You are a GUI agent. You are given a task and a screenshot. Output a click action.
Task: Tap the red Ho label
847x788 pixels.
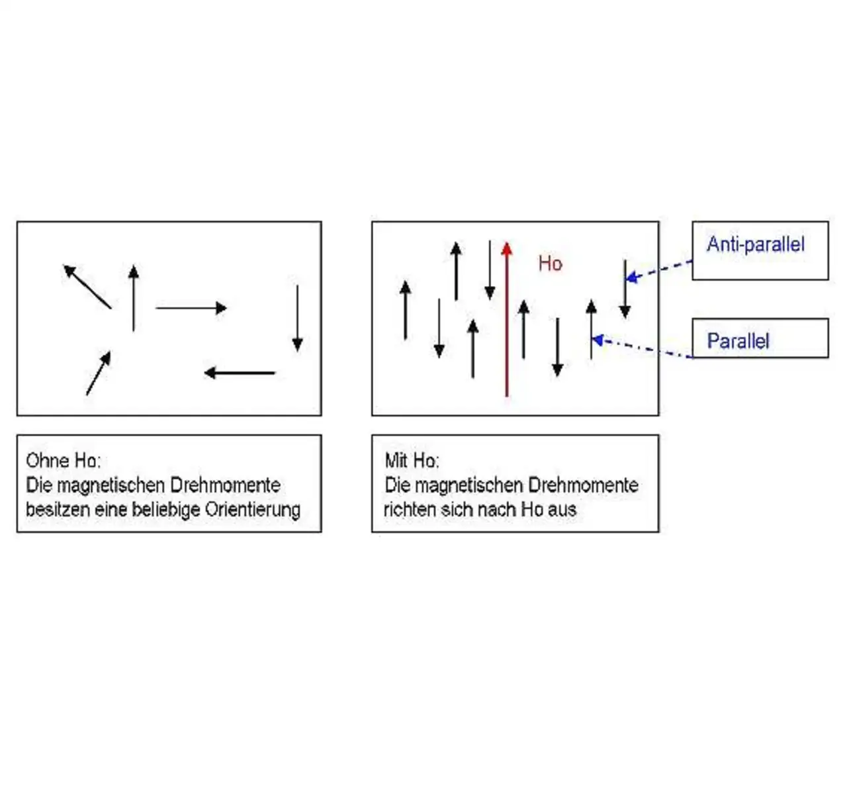pyautogui.click(x=550, y=264)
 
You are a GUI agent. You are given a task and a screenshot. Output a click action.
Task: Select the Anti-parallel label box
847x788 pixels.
pyautogui.click(x=760, y=250)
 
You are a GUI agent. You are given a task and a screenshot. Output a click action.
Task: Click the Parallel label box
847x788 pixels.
pyautogui.click(x=760, y=338)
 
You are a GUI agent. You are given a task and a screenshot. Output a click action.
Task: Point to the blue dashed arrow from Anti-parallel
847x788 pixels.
pyautogui.click(x=659, y=270)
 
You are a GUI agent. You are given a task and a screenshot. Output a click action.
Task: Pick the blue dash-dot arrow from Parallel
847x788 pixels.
pyautogui.click(x=642, y=348)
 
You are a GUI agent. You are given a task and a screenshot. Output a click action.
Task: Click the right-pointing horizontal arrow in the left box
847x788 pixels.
pyautogui.click(x=191, y=308)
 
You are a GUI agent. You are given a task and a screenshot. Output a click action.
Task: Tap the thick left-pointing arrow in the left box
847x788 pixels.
pyautogui.click(x=240, y=373)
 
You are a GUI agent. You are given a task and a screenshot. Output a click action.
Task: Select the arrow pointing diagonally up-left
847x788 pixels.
pyautogui.click(x=87, y=287)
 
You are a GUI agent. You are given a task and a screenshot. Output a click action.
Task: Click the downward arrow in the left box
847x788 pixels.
pyautogui.click(x=298, y=318)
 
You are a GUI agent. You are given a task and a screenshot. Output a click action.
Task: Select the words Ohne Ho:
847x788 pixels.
pyautogui.click(x=63, y=460)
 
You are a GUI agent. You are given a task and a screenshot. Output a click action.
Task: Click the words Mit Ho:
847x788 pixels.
pyautogui.click(x=412, y=460)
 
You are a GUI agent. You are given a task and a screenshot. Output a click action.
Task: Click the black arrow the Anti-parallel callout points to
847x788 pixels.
pyautogui.click(x=625, y=289)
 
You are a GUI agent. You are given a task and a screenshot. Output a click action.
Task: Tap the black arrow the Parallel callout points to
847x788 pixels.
pyautogui.click(x=591, y=329)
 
